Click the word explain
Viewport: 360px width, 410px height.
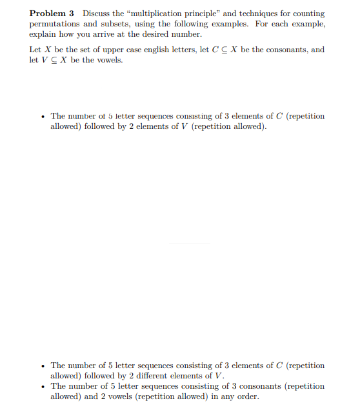pos(44,34)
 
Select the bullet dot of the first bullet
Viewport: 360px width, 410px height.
pos(43,116)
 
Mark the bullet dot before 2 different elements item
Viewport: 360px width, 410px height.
pos(43,366)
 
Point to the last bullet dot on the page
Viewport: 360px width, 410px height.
pos(43,386)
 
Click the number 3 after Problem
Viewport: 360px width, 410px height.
pos(72,14)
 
